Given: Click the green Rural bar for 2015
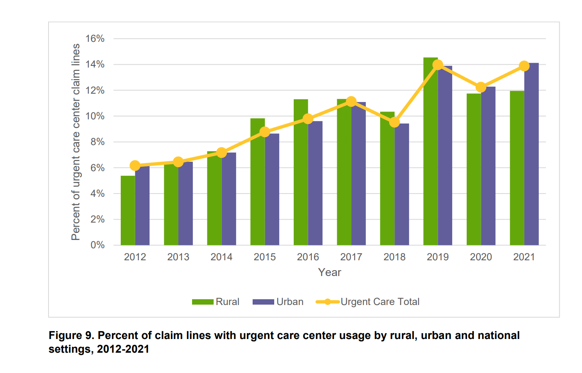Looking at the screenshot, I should (258, 182).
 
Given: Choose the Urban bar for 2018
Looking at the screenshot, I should (402, 184).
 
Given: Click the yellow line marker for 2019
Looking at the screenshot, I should (438, 65).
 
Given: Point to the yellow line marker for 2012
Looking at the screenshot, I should (135, 166).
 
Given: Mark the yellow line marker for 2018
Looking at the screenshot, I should (394, 122).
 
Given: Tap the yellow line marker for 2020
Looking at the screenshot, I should (481, 87).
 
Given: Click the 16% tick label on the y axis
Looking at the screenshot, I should (95, 39).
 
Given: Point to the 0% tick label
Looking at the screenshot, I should (97, 245).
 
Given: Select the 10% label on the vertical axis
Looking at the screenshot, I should (95, 116).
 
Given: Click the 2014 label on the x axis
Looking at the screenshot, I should (222, 257).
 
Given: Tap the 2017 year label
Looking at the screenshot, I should (351, 257).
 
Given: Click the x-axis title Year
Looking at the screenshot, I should (329, 272).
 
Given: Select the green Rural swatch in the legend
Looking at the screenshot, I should (202, 302).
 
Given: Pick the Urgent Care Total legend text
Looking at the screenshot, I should (380, 302).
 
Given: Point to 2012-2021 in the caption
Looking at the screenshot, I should (123, 349).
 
